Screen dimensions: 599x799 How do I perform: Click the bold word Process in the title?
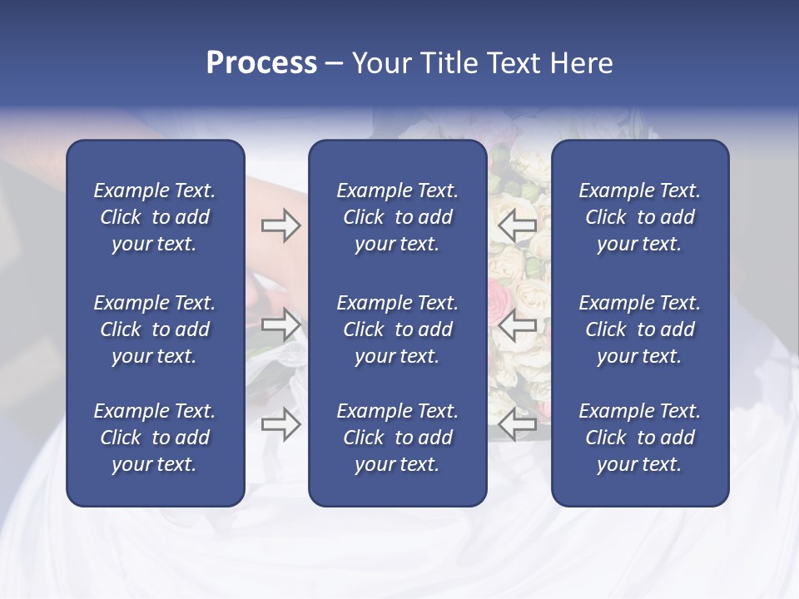pyautogui.click(x=261, y=63)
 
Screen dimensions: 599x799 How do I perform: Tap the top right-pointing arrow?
pyautogui.click(x=280, y=225)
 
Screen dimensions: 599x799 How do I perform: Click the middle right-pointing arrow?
pyautogui.click(x=280, y=324)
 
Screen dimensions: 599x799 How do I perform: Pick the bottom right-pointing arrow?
pyautogui.click(x=280, y=424)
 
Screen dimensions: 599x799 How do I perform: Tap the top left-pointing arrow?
pyautogui.click(x=517, y=225)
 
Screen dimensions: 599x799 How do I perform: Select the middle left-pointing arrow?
pyautogui.click(x=517, y=324)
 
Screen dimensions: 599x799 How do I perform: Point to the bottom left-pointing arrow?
pyautogui.click(x=517, y=424)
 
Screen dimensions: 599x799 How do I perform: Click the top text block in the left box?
pyautogui.click(x=155, y=217)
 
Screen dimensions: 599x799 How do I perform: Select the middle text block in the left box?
pyautogui.click(x=155, y=329)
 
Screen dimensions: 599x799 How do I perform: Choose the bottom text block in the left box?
pyautogui.click(x=155, y=438)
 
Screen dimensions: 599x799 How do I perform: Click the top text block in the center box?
pyautogui.click(x=397, y=217)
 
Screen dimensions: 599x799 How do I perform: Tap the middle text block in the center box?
pyautogui.click(x=397, y=329)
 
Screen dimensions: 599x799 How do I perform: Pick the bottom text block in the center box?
pyautogui.click(x=397, y=438)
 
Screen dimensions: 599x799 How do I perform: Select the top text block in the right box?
pyautogui.click(x=640, y=217)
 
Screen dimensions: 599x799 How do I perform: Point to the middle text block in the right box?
pyautogui.click(x=640, y=329)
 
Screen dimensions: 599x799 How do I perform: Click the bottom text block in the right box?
pyautogui.click(x=640, y=438)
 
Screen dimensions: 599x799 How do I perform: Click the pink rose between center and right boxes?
pyautogui.click(x=500, y=295)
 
